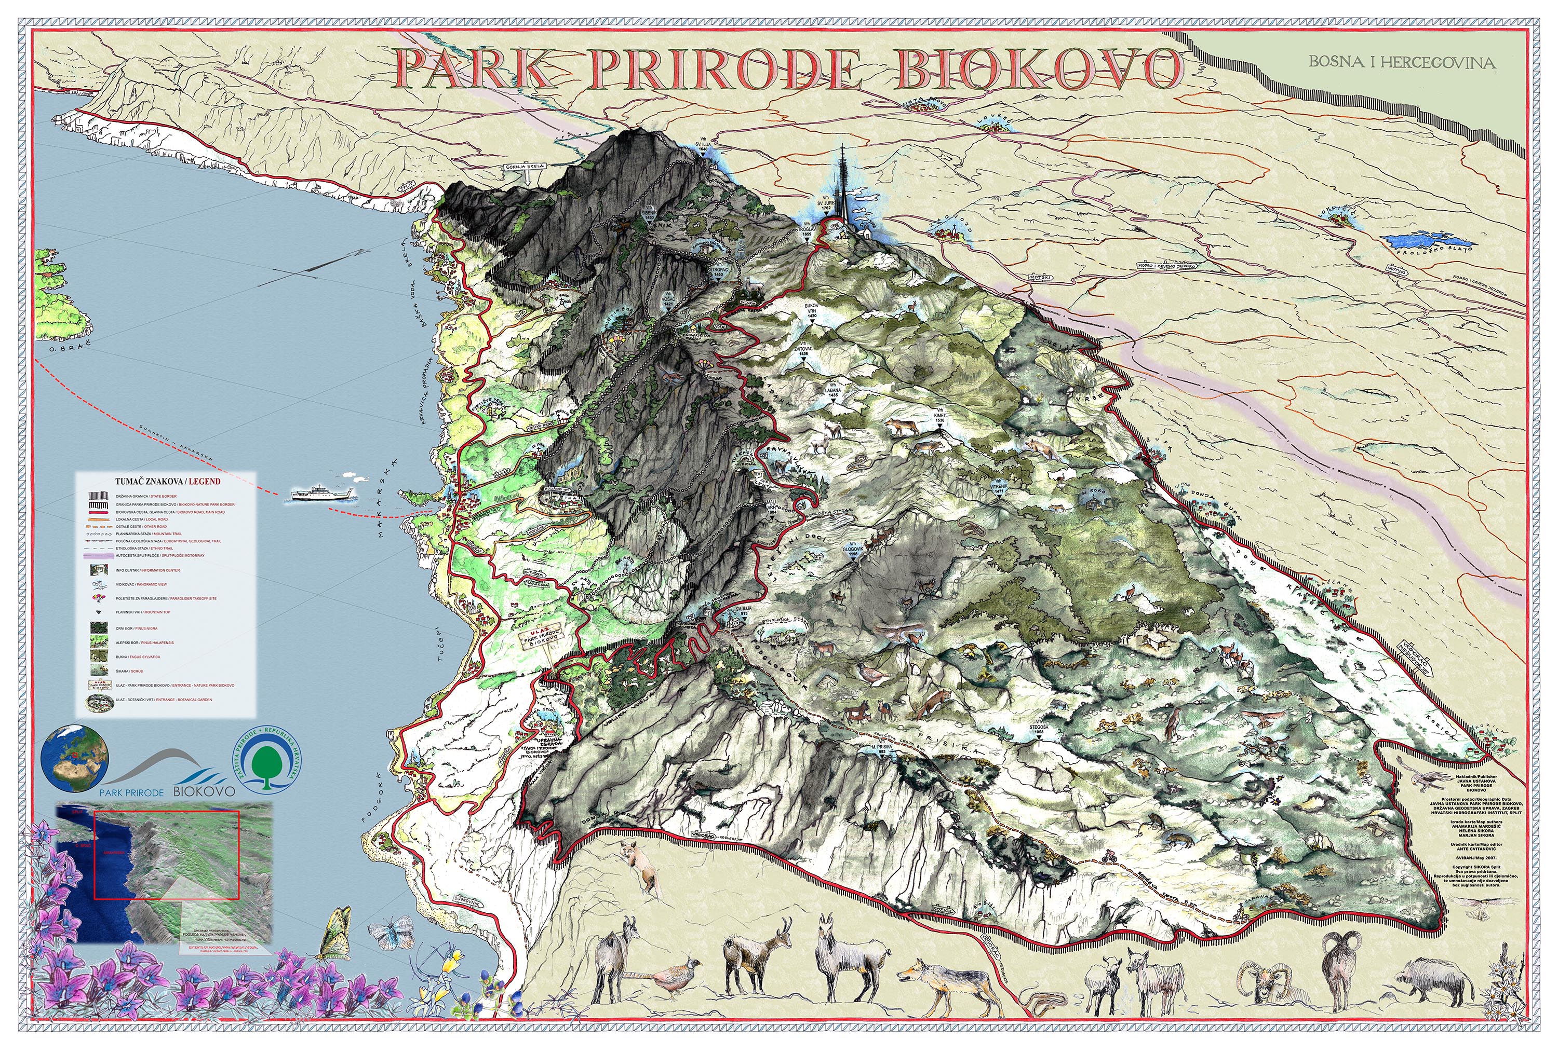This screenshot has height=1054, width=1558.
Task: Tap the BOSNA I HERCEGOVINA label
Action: coord(1402,62)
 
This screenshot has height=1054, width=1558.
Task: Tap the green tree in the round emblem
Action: coord(267,762)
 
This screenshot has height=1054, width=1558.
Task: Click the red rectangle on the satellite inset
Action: coord(167,854)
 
